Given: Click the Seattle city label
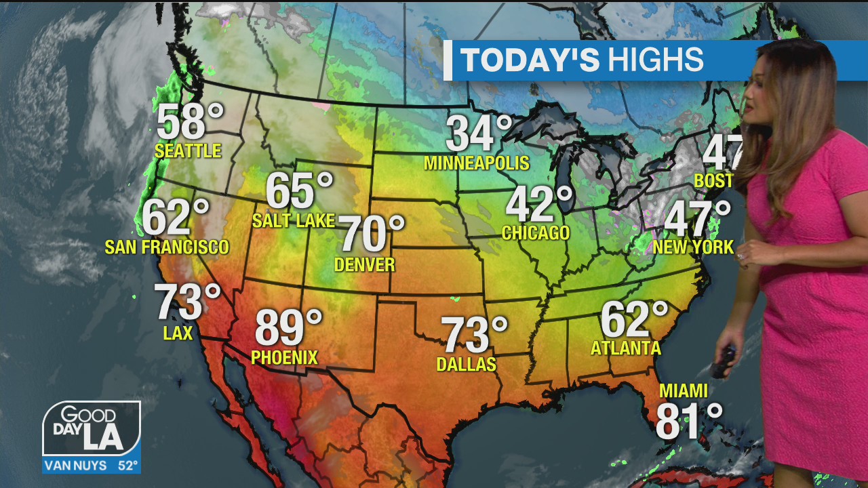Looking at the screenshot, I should click(188, 150).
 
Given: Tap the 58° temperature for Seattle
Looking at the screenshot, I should click(190, 122).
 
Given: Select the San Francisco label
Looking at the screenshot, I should click(167, 247).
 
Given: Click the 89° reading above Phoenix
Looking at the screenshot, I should click(288, 328).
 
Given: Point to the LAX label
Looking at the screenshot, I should click(178, 333).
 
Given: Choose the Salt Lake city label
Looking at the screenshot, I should click(294, 220).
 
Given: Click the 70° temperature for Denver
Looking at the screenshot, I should click(371, 235).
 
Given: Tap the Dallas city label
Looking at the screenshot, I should click(466, 364).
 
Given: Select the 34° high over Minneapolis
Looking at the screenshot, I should click(479, 134).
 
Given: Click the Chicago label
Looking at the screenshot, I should click(536, 233).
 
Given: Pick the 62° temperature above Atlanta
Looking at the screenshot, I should click(634, 320).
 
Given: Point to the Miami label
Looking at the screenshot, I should click(684, 391).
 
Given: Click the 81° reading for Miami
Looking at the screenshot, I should click(688, 421).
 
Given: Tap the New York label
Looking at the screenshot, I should click(693, 247).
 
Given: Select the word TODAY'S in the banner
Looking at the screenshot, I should click(530, 60).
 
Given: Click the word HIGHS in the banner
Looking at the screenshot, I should click(656, 60).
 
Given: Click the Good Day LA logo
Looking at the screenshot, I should click(92, 429).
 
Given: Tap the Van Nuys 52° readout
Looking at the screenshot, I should click(92, 466).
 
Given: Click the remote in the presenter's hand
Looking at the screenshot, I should click(722, 362).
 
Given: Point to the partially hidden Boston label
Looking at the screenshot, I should click(713, 180).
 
